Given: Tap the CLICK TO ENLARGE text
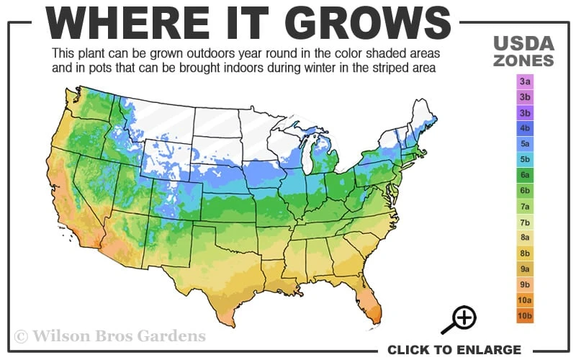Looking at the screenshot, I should pyautogui.click(x=454, y=350).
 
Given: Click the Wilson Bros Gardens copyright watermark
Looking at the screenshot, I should pyautogui.click(x=109, y=336).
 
